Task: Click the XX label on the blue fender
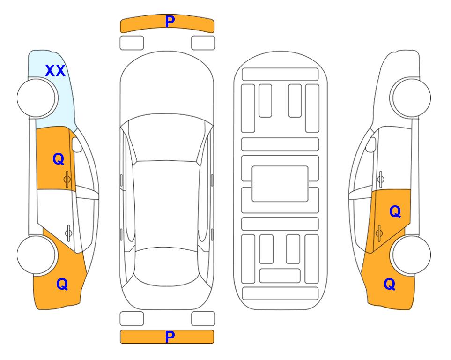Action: (x=55, y=71)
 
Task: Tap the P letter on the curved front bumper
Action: (x=170, y=22)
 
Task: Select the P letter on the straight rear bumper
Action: (x=170, y=337)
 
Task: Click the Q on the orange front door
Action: (x=59, y=159)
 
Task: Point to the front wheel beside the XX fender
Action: (x=37, y=98)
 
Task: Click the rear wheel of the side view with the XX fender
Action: (x=36, y=255)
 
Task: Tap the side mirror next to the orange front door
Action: (x=77, y=144)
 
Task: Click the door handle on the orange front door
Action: (x=67, y=179)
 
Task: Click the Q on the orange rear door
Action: (x=395, y=212)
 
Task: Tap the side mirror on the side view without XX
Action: (x=371, y=144)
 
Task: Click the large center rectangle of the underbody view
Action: (x=280, y=184)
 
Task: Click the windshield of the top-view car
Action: (x=166, y=138)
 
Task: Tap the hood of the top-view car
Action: (x=166, y=86)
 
